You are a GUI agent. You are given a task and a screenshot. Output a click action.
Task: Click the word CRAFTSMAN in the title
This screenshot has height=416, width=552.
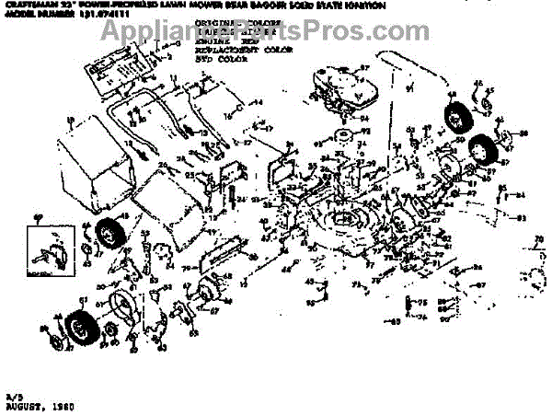[x=28, y=5]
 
